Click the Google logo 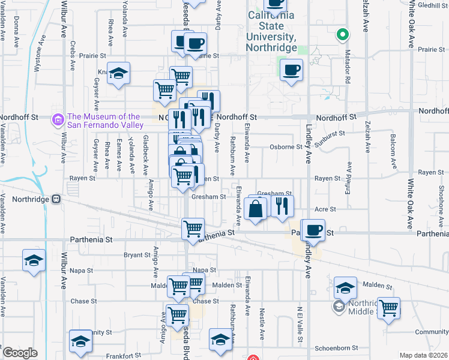[19, 353]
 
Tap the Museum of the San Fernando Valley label [104, 121]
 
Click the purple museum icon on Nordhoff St [58, 121]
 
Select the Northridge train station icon [56, 199]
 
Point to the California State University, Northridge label [272, 31]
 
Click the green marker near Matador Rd [342, 35]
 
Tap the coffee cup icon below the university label [291, 70]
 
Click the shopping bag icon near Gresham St [256, 209]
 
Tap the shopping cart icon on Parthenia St [193, 229]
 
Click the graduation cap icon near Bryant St [34, 261]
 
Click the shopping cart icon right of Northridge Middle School [388, 308]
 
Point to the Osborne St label [286, 146]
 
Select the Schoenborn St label [337, 347]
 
